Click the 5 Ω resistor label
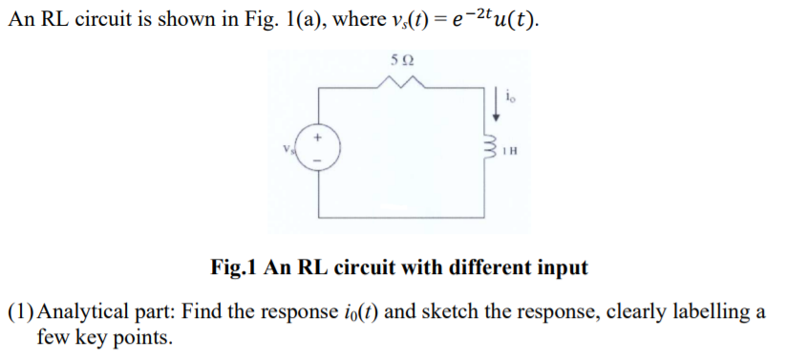coord(401,60)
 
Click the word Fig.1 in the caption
coord(233,267)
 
